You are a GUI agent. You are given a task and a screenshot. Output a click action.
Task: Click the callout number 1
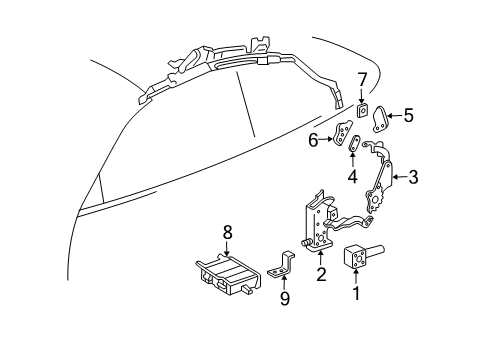356,293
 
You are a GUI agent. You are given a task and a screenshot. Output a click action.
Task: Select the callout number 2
321,274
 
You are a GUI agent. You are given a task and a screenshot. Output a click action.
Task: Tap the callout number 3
413,177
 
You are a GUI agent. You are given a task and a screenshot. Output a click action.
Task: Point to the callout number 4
352,176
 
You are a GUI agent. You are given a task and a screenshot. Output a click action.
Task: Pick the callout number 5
408,115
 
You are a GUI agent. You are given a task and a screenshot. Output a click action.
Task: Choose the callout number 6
313,140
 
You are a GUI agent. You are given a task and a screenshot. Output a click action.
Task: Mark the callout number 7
362,80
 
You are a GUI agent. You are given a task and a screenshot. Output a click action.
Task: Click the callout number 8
227,232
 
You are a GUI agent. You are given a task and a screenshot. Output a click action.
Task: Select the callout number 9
285,298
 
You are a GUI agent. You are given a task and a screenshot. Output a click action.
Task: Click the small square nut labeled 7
362,109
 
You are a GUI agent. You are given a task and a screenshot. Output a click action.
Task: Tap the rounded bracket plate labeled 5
380,120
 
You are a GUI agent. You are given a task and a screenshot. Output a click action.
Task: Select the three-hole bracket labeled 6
342,133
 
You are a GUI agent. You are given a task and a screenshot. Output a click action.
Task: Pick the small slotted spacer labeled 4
353,143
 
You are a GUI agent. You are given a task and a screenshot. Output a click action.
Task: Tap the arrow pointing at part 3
400,177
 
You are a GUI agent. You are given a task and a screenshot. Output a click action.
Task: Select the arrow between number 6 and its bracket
326,140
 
